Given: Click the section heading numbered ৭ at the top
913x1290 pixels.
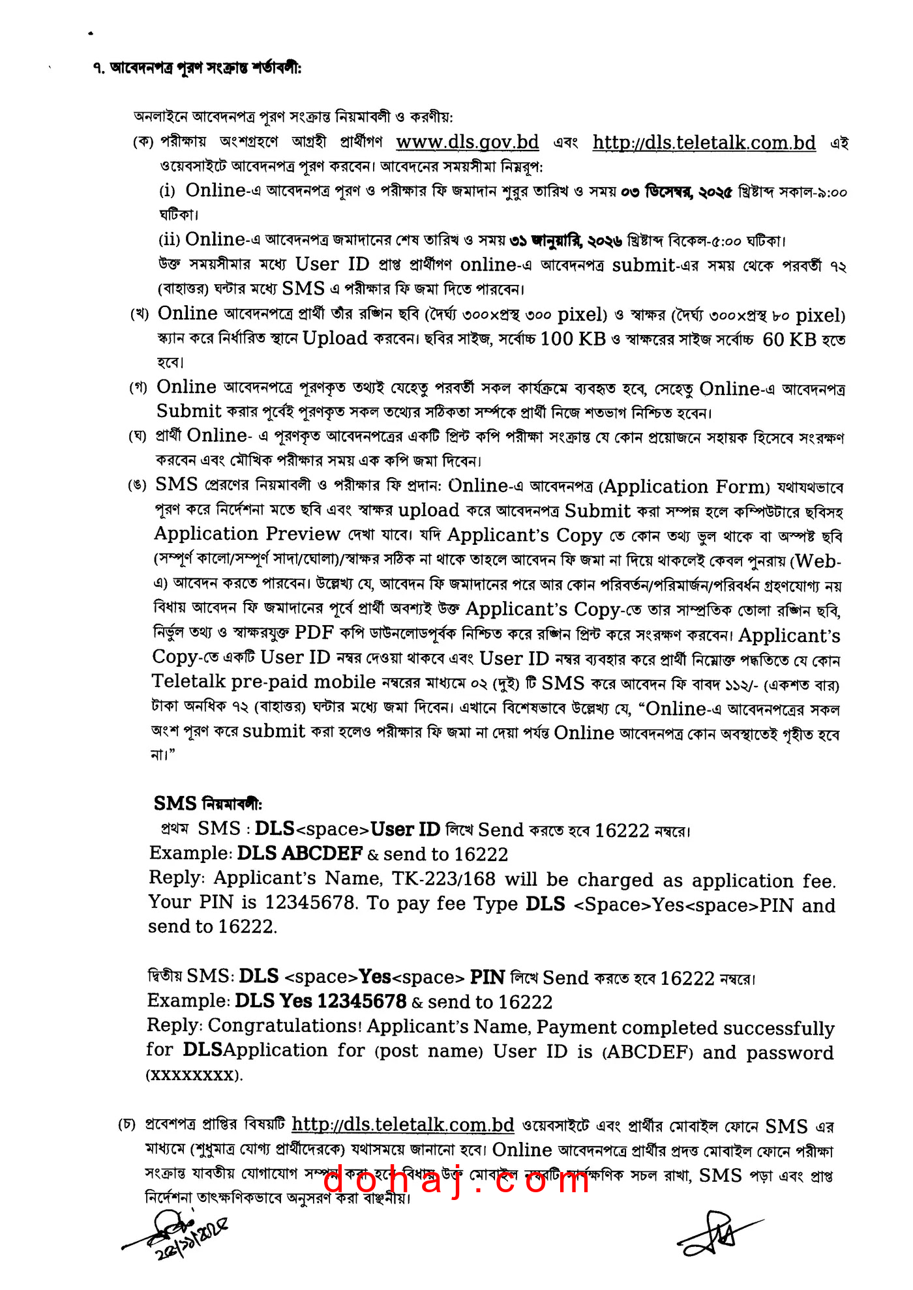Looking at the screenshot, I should click(196, 68).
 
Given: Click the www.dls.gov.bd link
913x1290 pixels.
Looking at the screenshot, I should click(467, 142).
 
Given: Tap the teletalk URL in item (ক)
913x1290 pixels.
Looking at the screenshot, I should click(704, 143).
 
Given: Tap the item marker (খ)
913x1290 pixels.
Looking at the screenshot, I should click(140, 314).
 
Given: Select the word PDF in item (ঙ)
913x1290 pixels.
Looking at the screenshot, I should click(314, 632).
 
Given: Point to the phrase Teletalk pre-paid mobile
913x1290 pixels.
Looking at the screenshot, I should click(263, 682).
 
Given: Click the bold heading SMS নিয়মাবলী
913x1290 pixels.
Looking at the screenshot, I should click(207, 803).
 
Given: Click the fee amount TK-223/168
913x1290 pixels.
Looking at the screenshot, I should click(443, 879).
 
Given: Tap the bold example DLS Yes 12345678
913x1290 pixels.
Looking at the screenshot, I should click(320, 1001).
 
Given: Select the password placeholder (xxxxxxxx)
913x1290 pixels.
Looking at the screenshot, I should click(194, 1075).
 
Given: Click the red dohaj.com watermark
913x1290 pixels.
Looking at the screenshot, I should click(456, 1180).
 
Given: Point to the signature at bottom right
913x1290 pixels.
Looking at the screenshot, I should click(717, 1234).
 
